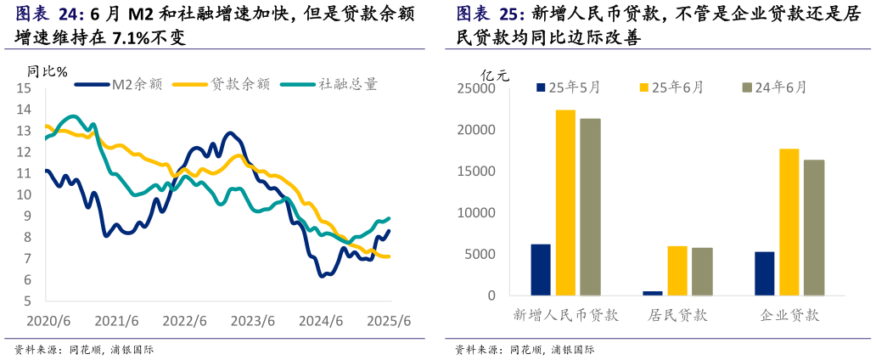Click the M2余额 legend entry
click(x=119, y=84)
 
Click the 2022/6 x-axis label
click(x=184, y=321)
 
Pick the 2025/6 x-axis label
click(x=389, y=321)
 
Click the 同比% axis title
click(x=48, y=71)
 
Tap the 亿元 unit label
click(x=495, y=75)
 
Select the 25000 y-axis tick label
click(x=478, y=88)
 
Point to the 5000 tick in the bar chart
click(x=481, y=255)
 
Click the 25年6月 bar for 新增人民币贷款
click(x=565, y=202)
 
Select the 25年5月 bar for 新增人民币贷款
click(x=541, y=270)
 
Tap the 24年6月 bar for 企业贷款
click(x=814, y=228)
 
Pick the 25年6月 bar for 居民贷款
click(x=677, y=271)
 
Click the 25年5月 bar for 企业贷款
click(x=764, y=273)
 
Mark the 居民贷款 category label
click(x=677, y=316)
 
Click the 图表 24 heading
click(x=49, y=14)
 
